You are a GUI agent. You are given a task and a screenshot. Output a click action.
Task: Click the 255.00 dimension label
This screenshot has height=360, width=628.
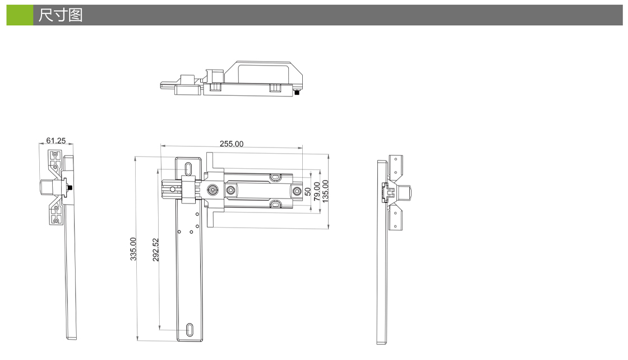[232, 144]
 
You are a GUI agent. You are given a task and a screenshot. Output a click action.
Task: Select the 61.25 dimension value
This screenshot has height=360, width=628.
[56, 141]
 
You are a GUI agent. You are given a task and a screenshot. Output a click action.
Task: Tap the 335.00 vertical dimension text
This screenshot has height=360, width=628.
[133, 249]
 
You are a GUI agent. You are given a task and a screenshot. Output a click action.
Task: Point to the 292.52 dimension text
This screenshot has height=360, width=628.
[156, 250]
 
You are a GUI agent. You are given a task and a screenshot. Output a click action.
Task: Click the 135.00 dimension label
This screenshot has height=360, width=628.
[325, 191]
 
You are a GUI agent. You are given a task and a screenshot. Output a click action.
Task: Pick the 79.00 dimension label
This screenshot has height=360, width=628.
[317, 191]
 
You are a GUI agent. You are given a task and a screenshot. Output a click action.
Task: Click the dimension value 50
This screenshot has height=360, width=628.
[308, 192]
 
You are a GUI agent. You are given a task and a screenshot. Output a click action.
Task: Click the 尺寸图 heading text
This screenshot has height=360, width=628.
[61, 15]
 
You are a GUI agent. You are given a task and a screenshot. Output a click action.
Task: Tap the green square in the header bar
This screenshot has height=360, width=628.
[20, 15]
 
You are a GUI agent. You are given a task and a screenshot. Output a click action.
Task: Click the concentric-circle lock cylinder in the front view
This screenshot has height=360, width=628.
[213, 190]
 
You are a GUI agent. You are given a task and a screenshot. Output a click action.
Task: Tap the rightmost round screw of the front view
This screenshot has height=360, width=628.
[297, 191]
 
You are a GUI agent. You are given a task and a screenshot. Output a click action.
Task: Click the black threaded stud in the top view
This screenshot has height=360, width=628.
[297, 93]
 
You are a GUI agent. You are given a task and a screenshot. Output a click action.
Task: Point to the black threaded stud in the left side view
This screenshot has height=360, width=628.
[71, 187]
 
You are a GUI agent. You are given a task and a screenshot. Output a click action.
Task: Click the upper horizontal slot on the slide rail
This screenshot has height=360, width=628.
[275, 177]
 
